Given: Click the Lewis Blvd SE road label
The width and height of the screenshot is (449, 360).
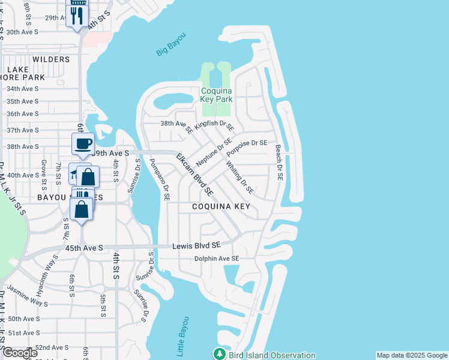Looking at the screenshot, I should tap(197, 245).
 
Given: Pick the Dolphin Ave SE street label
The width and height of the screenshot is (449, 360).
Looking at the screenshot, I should tap(216, 259).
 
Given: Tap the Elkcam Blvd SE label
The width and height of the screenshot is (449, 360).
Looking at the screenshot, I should tap(194, 175).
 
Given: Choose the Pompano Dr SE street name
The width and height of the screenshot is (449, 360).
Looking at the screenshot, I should tap(160, 179).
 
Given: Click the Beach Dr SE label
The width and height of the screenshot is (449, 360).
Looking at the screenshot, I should tap(279, 163).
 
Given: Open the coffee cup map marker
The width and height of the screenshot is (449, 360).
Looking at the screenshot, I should tap(83, 144).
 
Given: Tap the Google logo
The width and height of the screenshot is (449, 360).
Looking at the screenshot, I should tap(19, 353).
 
